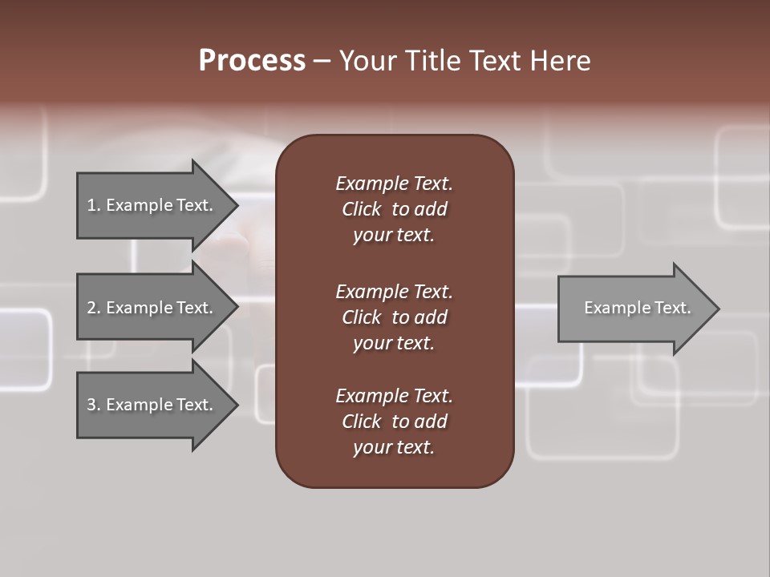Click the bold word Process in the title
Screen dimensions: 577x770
click(x=252, y=61)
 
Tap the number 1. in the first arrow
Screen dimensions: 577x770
click(x=93, y=205)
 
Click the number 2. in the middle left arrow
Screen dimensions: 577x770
click(x=93, y=308)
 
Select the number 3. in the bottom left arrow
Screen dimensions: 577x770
click(x=93, y=405)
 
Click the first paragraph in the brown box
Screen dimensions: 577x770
click(x=394, y=209)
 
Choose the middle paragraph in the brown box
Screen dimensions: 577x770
click(x=394, y=317)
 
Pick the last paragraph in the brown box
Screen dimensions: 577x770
click(x=394, y=422)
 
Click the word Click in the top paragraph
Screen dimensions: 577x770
click(x=361, y=209)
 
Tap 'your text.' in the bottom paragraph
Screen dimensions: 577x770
click(x=394, y=447)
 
